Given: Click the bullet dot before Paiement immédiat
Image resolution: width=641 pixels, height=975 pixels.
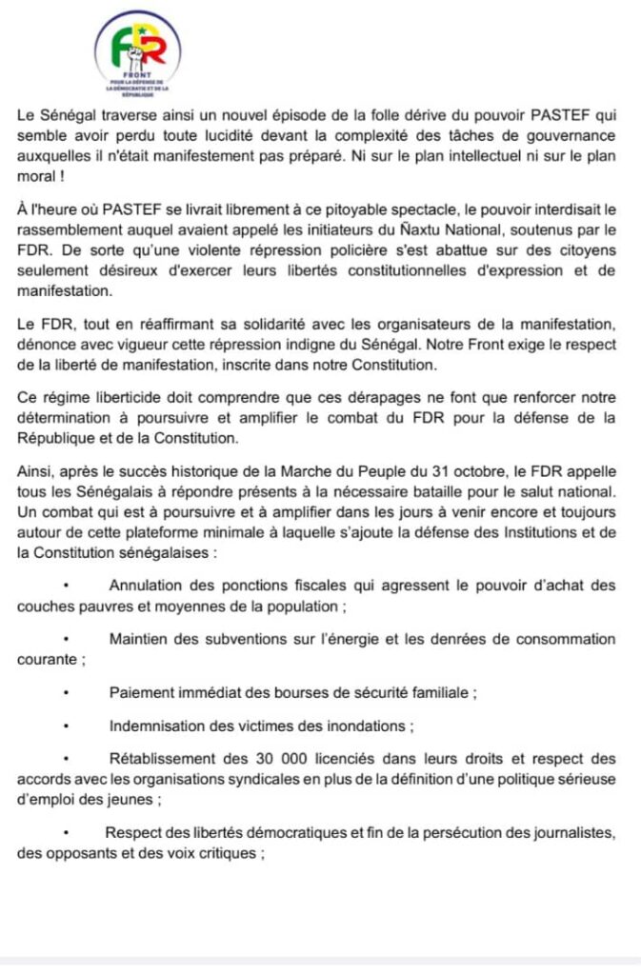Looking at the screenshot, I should click(x=67, y=693).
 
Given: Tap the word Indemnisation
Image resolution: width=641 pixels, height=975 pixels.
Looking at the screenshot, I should click(x=162, y=726).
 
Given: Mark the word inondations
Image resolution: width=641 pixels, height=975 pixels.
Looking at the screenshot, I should click(x=362, y=726).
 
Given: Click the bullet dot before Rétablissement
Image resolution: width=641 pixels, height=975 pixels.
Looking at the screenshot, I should click(x=67, y=759).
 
